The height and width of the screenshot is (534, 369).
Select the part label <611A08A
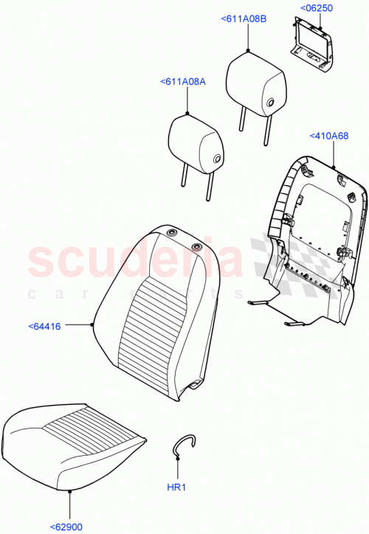click(x=182, y=82)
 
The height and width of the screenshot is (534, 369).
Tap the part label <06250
click(x=316, y=8)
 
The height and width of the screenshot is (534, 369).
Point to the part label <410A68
click(x=328, y=136)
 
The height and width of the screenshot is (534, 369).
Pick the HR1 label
click(x=178, y=488)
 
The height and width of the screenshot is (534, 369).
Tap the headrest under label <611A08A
click(x=196, y=140)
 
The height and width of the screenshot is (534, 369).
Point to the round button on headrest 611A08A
click(x=218, y=159)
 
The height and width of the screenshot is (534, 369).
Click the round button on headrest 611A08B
click(x=272, y=103)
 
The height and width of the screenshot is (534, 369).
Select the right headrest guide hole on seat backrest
click(x=176, y=246)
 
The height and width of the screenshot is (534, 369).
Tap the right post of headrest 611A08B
click(x=266, y=124)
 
